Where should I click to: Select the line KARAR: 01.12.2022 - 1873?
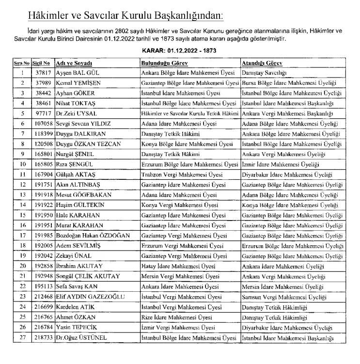[x=180, y=50]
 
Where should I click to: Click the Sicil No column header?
[x=41, y=63]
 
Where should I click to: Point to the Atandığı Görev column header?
[x=262, y=63]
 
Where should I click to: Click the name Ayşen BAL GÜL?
[x=74, y=73]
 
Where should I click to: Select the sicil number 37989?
[x=41, y=83]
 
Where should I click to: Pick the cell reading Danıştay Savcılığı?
[x=264, y=73]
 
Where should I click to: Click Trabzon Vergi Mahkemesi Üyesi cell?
[x=182, y=174]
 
